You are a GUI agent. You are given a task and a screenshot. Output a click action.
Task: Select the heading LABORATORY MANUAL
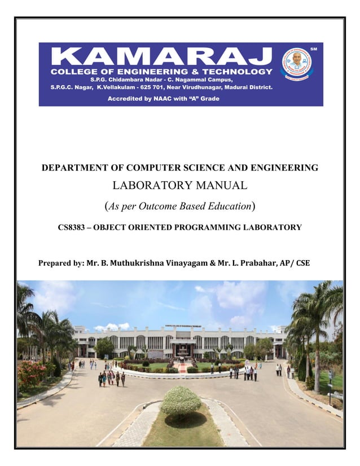(x=180, y=185)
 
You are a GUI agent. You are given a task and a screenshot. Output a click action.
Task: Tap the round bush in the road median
(x=181, y=401)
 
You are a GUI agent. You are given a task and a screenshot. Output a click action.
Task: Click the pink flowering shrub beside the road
(x=32, y=373)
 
